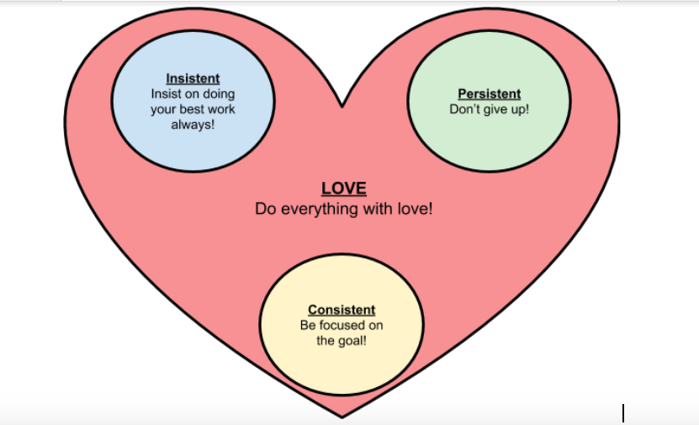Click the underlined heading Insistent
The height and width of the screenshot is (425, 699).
click(x=193, y=79)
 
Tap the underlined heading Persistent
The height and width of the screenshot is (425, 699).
click(x=489, y=94)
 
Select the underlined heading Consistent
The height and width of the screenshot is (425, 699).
click(x=342, y=310)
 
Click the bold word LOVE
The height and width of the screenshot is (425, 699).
click(x=344, y=189)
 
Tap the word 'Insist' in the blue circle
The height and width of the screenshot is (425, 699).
click(x=167, y=94)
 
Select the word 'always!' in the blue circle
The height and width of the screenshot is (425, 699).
click(x=193, y=125)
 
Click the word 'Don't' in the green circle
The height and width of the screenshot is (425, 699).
click(x=465, y=109)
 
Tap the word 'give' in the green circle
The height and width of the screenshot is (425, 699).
click(x=496, y=109)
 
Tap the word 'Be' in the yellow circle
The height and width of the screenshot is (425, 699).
click(x=308, y=326)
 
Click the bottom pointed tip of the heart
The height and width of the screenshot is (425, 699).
click(x=342, y=417)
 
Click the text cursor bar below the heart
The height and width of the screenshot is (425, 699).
click(x=623, y=413)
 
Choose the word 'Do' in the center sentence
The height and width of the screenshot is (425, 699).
click(x=264, y=209)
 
